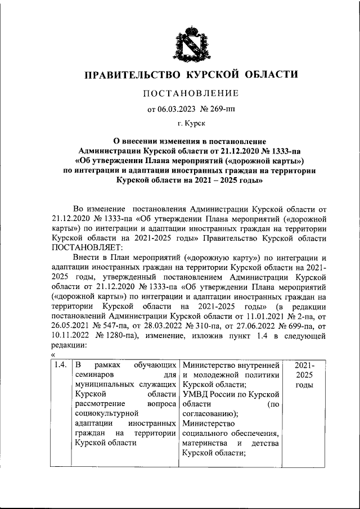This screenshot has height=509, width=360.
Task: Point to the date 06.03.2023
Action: [178, 110]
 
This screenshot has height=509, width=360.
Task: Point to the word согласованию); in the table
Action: [209, 414]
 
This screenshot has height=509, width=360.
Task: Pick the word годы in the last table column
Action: [304, 385]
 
